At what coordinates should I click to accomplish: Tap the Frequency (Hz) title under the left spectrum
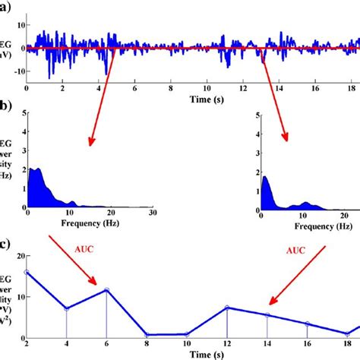84,226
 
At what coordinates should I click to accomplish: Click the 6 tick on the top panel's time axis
134,88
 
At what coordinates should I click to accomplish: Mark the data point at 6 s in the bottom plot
106,289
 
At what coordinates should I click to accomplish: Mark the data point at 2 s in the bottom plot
27,272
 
